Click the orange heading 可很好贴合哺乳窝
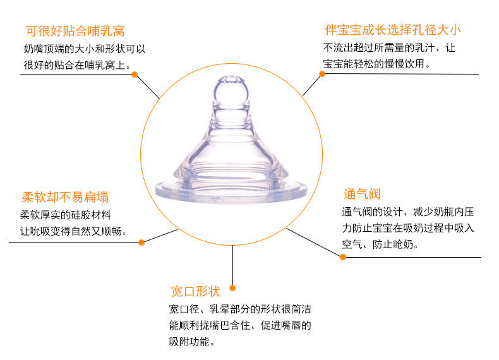[x=75, y=30]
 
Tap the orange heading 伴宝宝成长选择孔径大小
[x=392, y=30]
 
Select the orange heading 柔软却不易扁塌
[x=65, y=196]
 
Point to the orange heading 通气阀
[x=362, y=194]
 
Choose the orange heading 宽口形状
[x=195, y=291]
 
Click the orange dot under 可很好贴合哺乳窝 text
[x=135, y=74]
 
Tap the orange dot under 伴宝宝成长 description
[x=322, y=73]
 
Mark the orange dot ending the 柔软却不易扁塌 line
[x=141, y=242]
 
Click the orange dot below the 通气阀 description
[x=344, y=257]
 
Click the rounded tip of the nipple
[x=229, y=89]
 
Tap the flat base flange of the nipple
[x=231, y=189]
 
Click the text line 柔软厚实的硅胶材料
[x=66, y=215]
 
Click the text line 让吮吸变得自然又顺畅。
[x=74, y=231]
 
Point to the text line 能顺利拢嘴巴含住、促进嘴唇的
[x=240, y=326]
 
